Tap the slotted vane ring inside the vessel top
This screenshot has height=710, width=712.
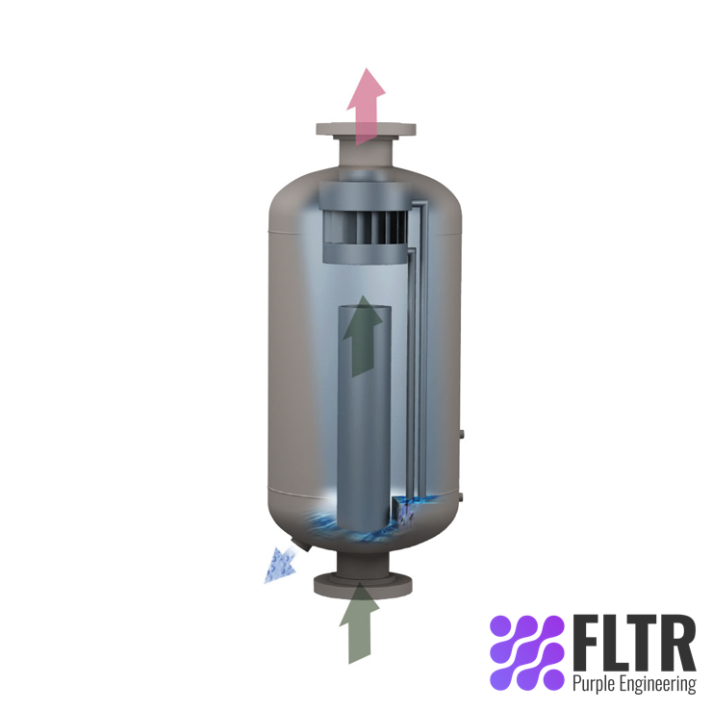pos(365,230)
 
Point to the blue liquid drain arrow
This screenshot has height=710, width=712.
pos(281,565)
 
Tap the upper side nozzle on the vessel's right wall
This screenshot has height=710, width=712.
pos(464,436)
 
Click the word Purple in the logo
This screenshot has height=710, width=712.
pos(595,684)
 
